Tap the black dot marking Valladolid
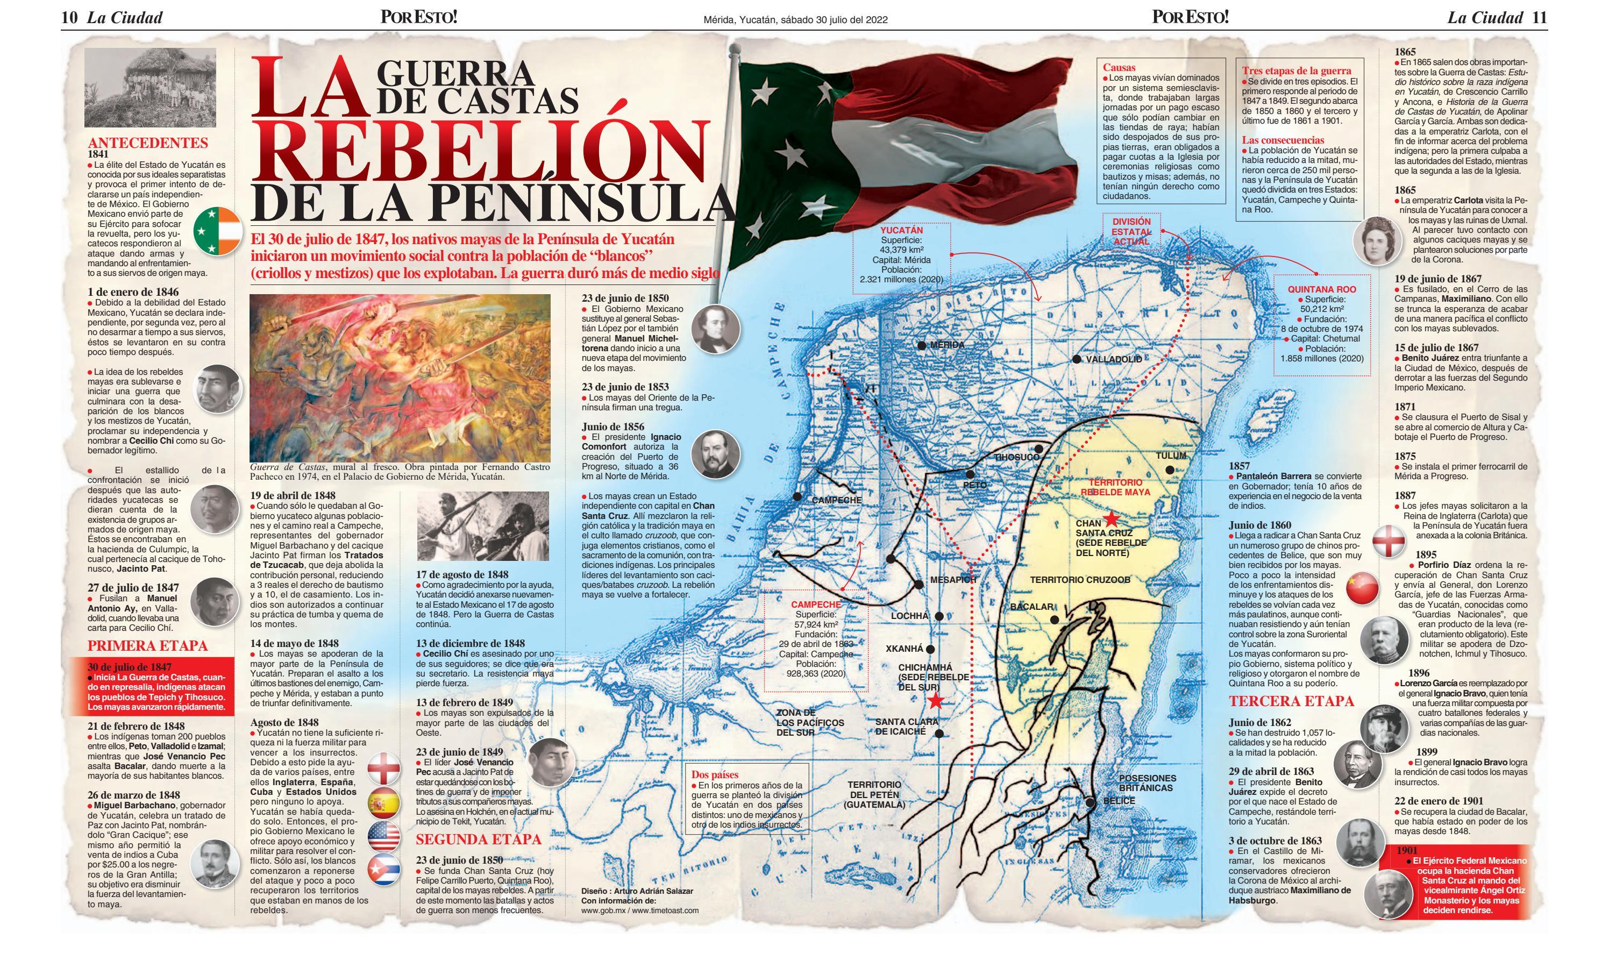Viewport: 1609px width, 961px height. [1076, 359]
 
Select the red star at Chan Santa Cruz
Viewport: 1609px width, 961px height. [1111, 519]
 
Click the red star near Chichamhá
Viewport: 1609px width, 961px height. [936, 701]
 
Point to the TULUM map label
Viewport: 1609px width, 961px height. [1171, 456]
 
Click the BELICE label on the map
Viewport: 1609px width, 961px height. [1119, 801]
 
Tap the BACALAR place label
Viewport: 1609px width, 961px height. [1031, 607]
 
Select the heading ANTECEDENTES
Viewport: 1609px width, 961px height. [148, 143]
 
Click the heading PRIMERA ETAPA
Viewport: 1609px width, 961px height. [148, 646]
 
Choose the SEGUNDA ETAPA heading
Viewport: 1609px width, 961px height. [478, 839]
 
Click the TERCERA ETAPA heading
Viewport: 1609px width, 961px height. [1291, 701]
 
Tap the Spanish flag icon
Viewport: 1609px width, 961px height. [383, 803]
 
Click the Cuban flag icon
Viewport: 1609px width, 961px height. [383, 870]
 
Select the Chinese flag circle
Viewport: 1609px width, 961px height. [1362, 588]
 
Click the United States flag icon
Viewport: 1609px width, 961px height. [383, 837]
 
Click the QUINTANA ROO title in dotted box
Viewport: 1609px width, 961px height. [1321, 289]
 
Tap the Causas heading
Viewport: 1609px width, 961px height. [1119, 67]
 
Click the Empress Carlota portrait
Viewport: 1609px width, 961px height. [1377, 241]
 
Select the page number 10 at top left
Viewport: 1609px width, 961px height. [69, 18]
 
